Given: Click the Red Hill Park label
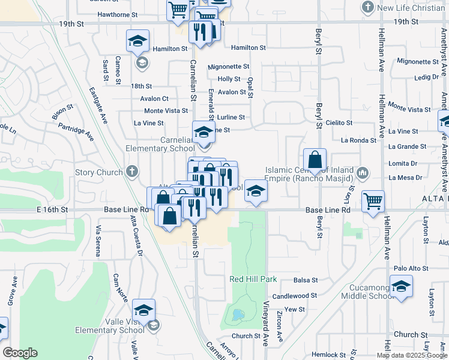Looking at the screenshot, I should (x=253, y=280).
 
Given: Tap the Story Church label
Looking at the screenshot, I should (x=93, y=173).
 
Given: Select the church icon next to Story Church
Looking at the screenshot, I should (x=133, y=172).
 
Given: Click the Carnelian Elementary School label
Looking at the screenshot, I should (x=160, y=144).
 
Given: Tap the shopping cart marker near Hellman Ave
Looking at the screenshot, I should (x=373, y=201).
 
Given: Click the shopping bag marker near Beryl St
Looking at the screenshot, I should (x=315, y=160).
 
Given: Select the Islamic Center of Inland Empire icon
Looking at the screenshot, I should (x=362, y=173).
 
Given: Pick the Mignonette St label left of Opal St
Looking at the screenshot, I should (x=228, y=67).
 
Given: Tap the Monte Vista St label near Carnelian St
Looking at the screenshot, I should (x=166, y=111).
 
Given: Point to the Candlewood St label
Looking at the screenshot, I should (x=294, y=296).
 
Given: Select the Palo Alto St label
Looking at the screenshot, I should (x=409, y=269).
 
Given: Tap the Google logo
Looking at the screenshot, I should (x=20, y=353).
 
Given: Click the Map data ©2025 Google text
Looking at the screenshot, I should (x=411, y=355).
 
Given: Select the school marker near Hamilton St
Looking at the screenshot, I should (x=137, y=41).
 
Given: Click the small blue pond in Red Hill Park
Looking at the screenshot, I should (x=238, y=314).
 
